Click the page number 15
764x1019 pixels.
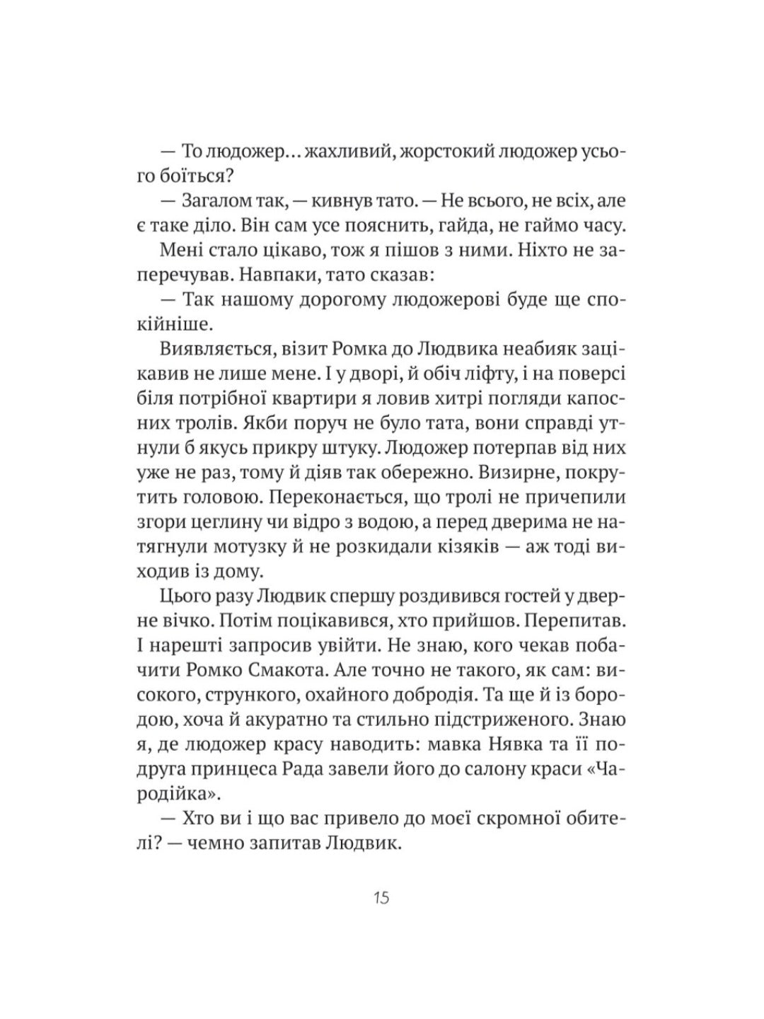[381, 899]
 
